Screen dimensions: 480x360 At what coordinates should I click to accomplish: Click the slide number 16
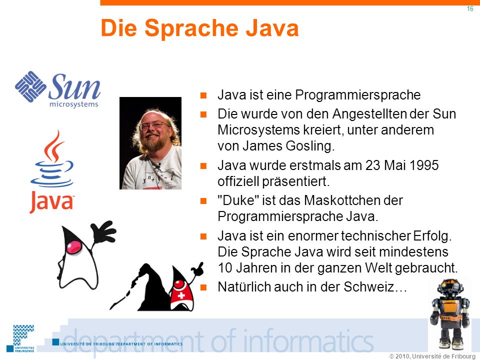click(470, 9)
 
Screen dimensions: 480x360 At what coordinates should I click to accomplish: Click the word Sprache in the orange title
click(191, 28)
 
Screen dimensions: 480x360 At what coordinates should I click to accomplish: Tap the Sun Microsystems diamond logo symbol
click(30, 86)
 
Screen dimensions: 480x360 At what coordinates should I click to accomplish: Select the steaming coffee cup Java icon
click(52, 159)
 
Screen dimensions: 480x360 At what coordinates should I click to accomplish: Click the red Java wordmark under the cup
click(51, 202)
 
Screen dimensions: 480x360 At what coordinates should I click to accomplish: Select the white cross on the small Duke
click(181, 295)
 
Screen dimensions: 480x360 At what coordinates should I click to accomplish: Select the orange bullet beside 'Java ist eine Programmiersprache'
click(203, 95)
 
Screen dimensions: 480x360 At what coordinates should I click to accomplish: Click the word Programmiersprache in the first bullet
click(357, 95)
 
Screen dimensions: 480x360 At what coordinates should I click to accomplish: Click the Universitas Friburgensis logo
click(21, 338)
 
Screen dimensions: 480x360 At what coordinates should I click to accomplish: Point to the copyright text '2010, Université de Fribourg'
click(435, 356)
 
